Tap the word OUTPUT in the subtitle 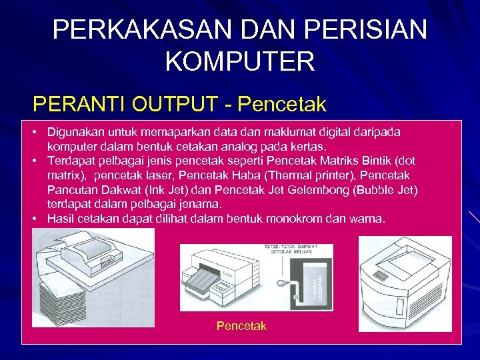(x=174, y=105)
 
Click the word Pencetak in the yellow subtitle (x=282, y=105)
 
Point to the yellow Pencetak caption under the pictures (x=241, y=326)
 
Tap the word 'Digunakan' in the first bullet (x=75, y=133)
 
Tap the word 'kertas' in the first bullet (x=307, y=147)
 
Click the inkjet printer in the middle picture (x=223, y=273)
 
